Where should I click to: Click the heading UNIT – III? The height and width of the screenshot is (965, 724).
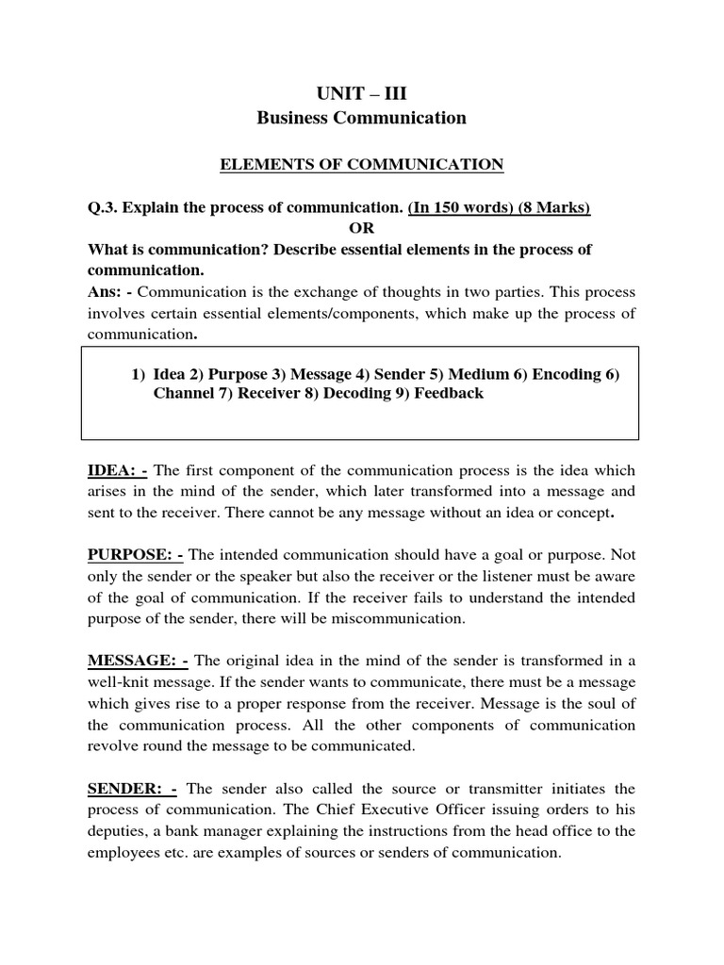(x=362, y=92)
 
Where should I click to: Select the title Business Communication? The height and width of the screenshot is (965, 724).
(x=362, y=118)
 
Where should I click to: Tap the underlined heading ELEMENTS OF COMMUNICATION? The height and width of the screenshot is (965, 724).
(x=362, y=165)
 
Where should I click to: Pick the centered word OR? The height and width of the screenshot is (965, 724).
(x=362, y=228)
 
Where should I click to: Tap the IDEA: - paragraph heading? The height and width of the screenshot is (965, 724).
(x=118, y=470)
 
